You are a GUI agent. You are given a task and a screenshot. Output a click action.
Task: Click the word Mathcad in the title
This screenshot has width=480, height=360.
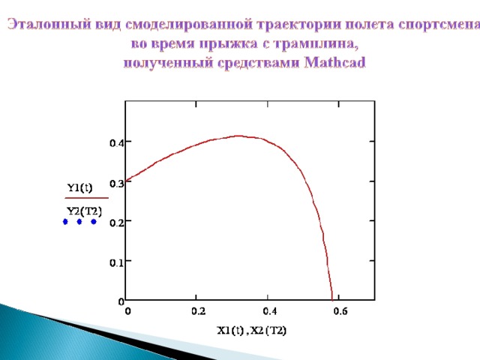tap(335, 62)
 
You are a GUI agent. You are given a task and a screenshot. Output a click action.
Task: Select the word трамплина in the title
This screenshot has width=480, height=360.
tap(316, 43)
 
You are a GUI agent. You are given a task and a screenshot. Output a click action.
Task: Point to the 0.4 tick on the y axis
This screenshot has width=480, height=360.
tap(117, 142)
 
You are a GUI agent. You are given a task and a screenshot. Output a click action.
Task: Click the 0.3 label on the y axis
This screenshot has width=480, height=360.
tap(117, 183)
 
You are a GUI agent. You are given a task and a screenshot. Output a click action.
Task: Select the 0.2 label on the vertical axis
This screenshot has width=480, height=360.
tap(117, 223)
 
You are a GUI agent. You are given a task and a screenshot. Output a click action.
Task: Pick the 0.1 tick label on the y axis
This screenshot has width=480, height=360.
tap(117, 262)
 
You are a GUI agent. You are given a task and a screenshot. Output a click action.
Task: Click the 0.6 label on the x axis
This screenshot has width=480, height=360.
tap(340, 311)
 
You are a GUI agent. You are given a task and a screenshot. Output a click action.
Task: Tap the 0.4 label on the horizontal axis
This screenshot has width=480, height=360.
tap(269, 311)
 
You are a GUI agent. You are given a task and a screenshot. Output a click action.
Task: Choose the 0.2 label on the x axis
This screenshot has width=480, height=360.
tap(198, 311)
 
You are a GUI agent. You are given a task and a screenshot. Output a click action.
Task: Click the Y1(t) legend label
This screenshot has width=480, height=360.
tap(79, 187)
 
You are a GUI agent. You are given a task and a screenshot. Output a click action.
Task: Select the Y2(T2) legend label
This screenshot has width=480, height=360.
tap(84, 211)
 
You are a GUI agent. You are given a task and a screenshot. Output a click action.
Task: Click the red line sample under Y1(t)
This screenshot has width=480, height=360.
tap(87, 198)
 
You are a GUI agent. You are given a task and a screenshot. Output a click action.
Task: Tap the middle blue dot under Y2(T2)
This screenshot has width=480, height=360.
tap(79, 222)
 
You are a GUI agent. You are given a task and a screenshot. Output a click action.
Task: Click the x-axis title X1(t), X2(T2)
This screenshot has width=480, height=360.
tap(252, 331)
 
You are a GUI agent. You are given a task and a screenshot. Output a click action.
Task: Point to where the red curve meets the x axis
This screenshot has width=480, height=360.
tap(332, 300)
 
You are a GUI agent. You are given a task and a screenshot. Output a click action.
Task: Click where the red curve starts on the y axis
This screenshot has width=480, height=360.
tap(126, 181)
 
